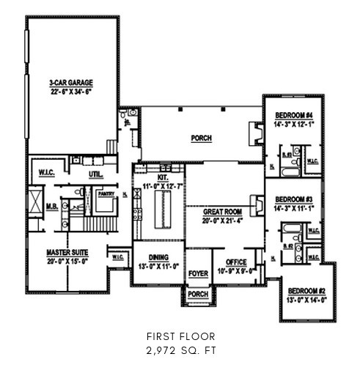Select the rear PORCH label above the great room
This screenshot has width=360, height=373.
point(202,137)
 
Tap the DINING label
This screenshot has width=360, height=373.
point(158,258)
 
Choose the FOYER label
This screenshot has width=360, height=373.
point(197,273)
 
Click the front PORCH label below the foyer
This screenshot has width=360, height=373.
point(197,295)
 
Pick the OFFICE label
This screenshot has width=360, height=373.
point(235,262)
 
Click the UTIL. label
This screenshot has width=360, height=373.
point(95,175)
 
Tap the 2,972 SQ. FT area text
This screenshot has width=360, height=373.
point(180,351)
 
